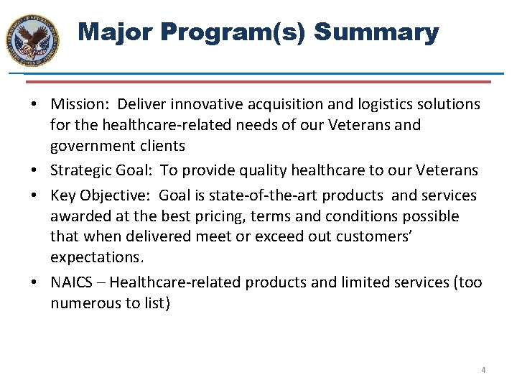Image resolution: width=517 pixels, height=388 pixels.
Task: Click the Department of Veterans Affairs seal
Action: point(32,40)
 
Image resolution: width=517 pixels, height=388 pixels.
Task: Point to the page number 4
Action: point(483,370)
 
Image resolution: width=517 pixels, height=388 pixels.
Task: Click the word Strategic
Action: point(80,170)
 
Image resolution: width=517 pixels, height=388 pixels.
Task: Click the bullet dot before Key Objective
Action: point(35,196)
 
